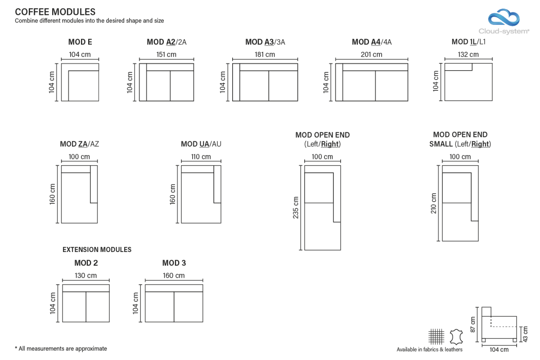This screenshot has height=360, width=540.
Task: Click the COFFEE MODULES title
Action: (55, 12)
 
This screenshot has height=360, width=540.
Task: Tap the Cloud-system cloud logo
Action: (504, 18)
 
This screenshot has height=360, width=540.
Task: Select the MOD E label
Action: (80, 42)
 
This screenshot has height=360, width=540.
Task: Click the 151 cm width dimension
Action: (166, 54)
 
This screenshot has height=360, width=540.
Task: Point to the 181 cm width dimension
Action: (265, 54)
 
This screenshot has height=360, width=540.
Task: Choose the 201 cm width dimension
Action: (372, 54)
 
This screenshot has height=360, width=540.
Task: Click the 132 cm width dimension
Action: (468, 54)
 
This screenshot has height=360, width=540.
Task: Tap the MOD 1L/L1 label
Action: (468, 42)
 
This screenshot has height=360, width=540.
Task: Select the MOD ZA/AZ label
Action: (79, 144)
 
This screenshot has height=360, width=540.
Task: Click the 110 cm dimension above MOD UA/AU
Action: (201, 157)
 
